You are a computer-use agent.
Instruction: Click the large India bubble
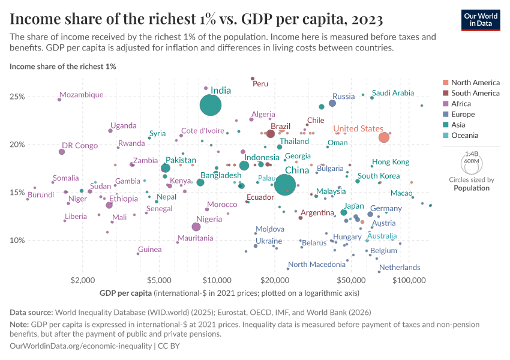[211, 105]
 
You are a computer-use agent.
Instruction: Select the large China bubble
[286, 184]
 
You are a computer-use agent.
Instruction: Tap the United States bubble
[384, 137]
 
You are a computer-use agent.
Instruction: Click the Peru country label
[260, 84]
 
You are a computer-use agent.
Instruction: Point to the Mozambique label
[82, 95]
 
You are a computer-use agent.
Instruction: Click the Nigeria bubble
[196, 227]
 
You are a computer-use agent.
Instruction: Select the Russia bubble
[332, 103]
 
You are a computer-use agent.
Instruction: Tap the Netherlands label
[400, 267]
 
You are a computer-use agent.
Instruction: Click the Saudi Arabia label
[393, 93]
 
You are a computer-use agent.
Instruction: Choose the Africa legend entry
[462, 104]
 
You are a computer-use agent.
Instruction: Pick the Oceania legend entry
[464, 136]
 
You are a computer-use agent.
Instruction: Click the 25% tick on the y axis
[17, 97]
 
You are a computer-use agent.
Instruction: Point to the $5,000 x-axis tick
[159, 280]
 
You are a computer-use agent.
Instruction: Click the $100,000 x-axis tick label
[411, 280]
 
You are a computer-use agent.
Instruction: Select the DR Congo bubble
[62, 152]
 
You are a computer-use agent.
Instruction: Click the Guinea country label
[150, 249]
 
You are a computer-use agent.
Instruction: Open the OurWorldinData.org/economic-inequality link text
[82, 346]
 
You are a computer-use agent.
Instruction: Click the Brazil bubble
[271, 134]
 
